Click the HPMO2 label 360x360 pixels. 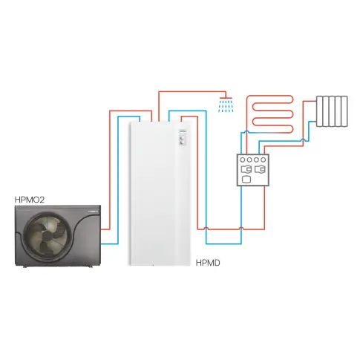coord(30,200)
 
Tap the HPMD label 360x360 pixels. coord(208,263)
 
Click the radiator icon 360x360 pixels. coord(332,111)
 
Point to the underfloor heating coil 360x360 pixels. coord(272,114)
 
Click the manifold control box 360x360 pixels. coord(253,170)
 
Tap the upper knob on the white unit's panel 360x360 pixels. coord(182,138)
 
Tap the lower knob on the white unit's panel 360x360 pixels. coord(182,143)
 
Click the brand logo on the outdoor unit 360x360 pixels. coord(93,212)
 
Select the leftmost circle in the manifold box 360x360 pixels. coord(243,160)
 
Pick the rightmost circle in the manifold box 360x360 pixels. coord(264,160)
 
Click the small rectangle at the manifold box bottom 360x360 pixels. coord(246,180)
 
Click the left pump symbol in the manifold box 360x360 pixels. coord(246,169)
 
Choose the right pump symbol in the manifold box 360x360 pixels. coord(260,169)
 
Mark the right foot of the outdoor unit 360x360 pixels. coord(91,266)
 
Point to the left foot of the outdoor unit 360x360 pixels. coord(25,266)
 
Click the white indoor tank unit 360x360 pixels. coord(160,194)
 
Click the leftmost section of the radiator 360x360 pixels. coord(319,111)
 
